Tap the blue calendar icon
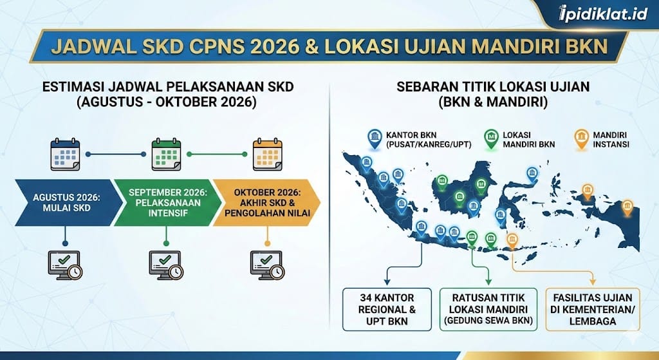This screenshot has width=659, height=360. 65,155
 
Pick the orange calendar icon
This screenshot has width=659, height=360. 267,155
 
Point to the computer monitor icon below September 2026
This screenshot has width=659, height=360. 167,264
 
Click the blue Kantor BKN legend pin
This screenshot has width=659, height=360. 375,138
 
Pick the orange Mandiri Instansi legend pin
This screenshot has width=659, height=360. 582,138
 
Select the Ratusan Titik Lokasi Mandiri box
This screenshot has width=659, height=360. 488,309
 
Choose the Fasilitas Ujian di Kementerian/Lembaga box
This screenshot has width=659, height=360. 593,309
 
